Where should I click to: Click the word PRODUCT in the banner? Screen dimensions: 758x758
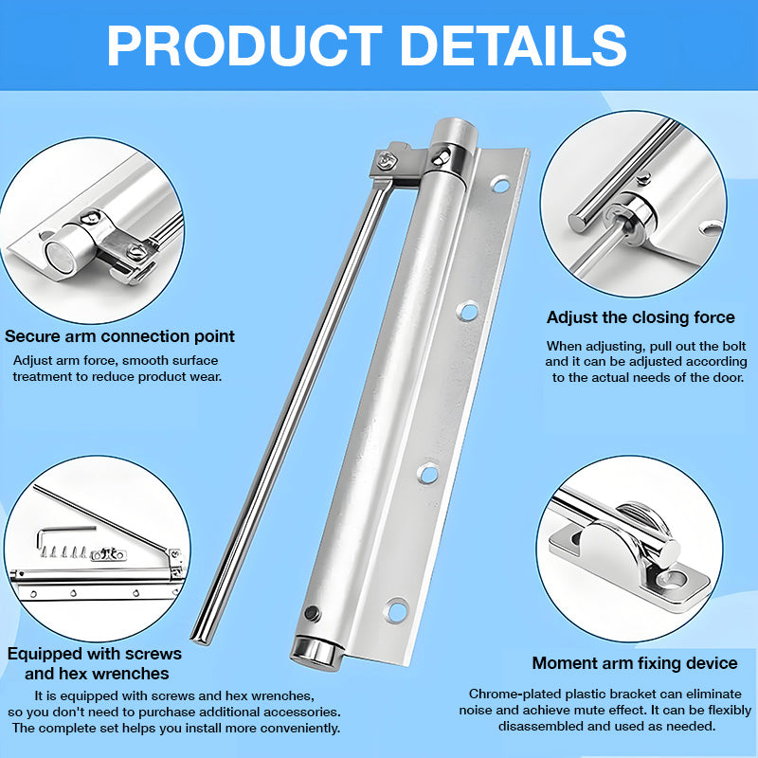pos(244,45)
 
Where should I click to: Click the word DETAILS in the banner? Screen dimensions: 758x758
pos(514,45)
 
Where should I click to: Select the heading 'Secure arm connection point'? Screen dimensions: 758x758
pos(119,336)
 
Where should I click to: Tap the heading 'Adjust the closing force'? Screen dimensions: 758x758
pos(641,317)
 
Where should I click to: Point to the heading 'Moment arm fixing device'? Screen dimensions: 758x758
pos(635,663)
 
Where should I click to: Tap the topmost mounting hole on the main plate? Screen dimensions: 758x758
pos(501,185)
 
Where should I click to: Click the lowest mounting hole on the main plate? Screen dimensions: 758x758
pos(397,610)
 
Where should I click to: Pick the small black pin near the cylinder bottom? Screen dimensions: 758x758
pos(313,613)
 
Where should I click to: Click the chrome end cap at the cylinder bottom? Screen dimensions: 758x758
pos(316,653)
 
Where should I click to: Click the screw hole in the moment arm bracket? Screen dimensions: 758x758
pos(675,578)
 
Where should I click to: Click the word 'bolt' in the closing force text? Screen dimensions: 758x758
pos(735,346)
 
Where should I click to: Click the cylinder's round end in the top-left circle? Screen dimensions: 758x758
pos(60,256)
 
